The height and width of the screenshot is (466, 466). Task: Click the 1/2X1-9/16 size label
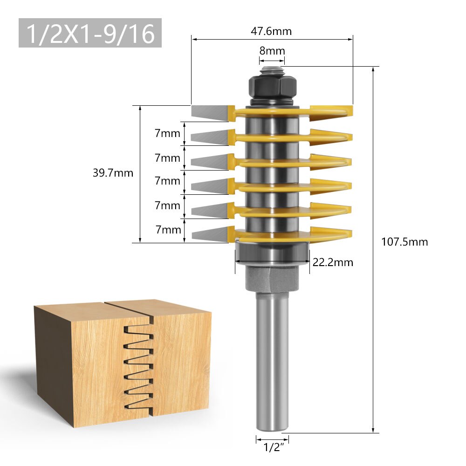click(90, 33)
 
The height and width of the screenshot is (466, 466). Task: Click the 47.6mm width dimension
click(272, 32)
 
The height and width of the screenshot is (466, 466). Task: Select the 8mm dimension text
click(272, 51)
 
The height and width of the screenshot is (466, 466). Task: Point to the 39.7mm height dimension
click(113, 173)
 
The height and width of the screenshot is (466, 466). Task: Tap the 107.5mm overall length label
click(404, 242)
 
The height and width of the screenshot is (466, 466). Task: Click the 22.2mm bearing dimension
click(332, 262)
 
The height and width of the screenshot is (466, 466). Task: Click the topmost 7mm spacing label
click(167, 134)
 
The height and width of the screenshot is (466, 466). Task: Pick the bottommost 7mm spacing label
click(167, 229)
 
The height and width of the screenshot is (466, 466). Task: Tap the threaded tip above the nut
click(272, 70)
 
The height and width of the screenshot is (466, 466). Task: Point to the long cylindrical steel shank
click(272, 363)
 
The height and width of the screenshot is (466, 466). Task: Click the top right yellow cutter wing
click(331, 110)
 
